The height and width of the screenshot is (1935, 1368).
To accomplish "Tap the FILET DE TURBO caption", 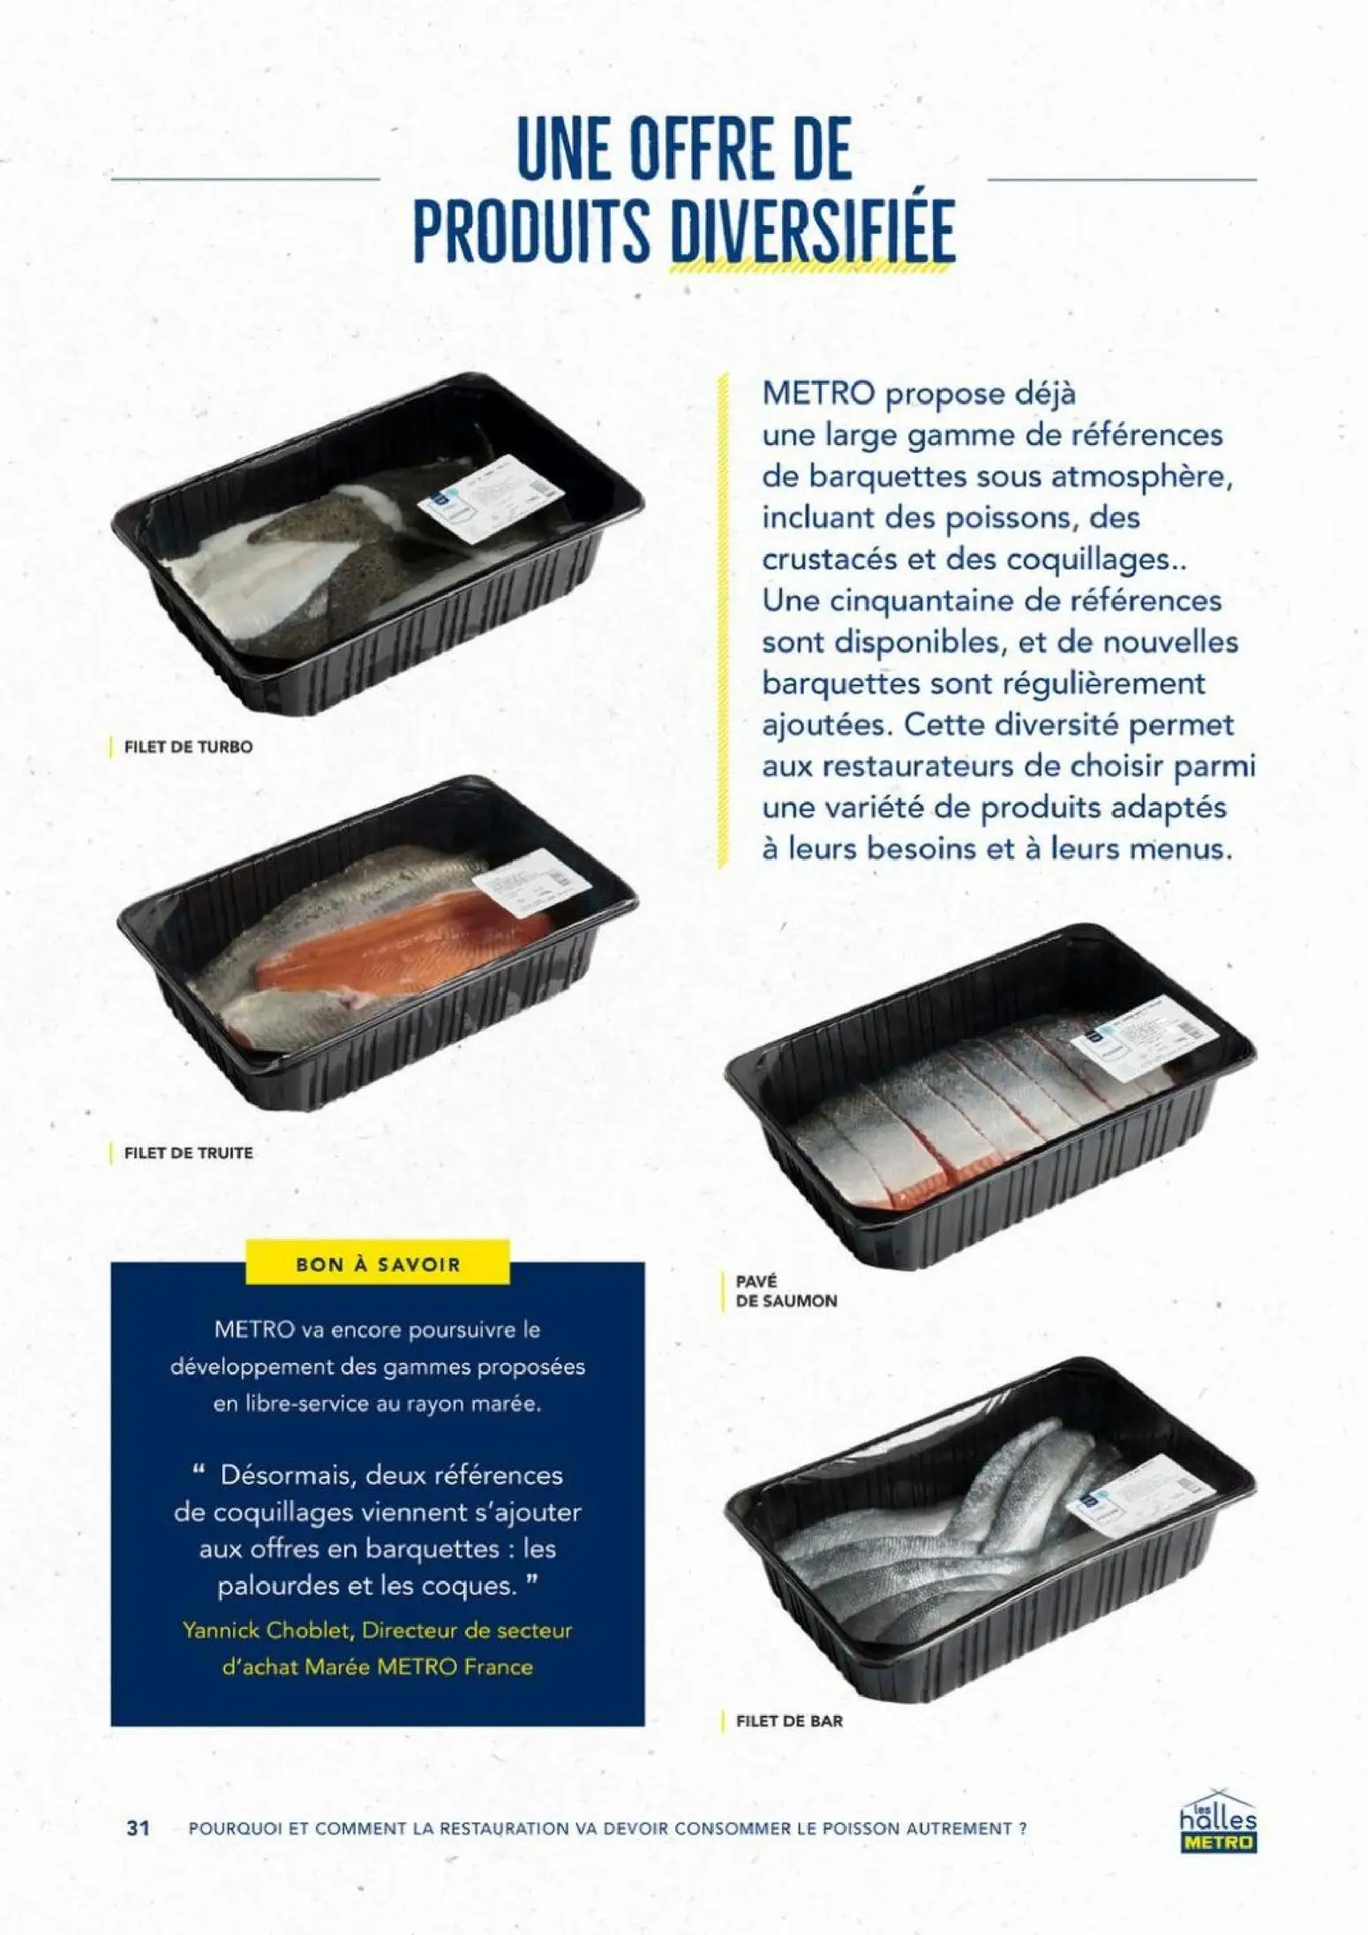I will point(188,747).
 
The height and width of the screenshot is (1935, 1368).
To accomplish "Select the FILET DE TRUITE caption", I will point(188,1153).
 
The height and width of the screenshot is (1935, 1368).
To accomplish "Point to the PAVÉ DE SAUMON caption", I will point(785,1291).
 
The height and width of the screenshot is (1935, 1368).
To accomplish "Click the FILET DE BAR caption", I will point(788,1720).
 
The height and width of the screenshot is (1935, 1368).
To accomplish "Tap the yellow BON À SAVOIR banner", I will point(378,1264).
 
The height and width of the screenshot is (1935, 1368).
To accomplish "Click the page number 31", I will point(138,1827).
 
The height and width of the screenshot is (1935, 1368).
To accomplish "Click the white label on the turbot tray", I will point(490,499).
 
